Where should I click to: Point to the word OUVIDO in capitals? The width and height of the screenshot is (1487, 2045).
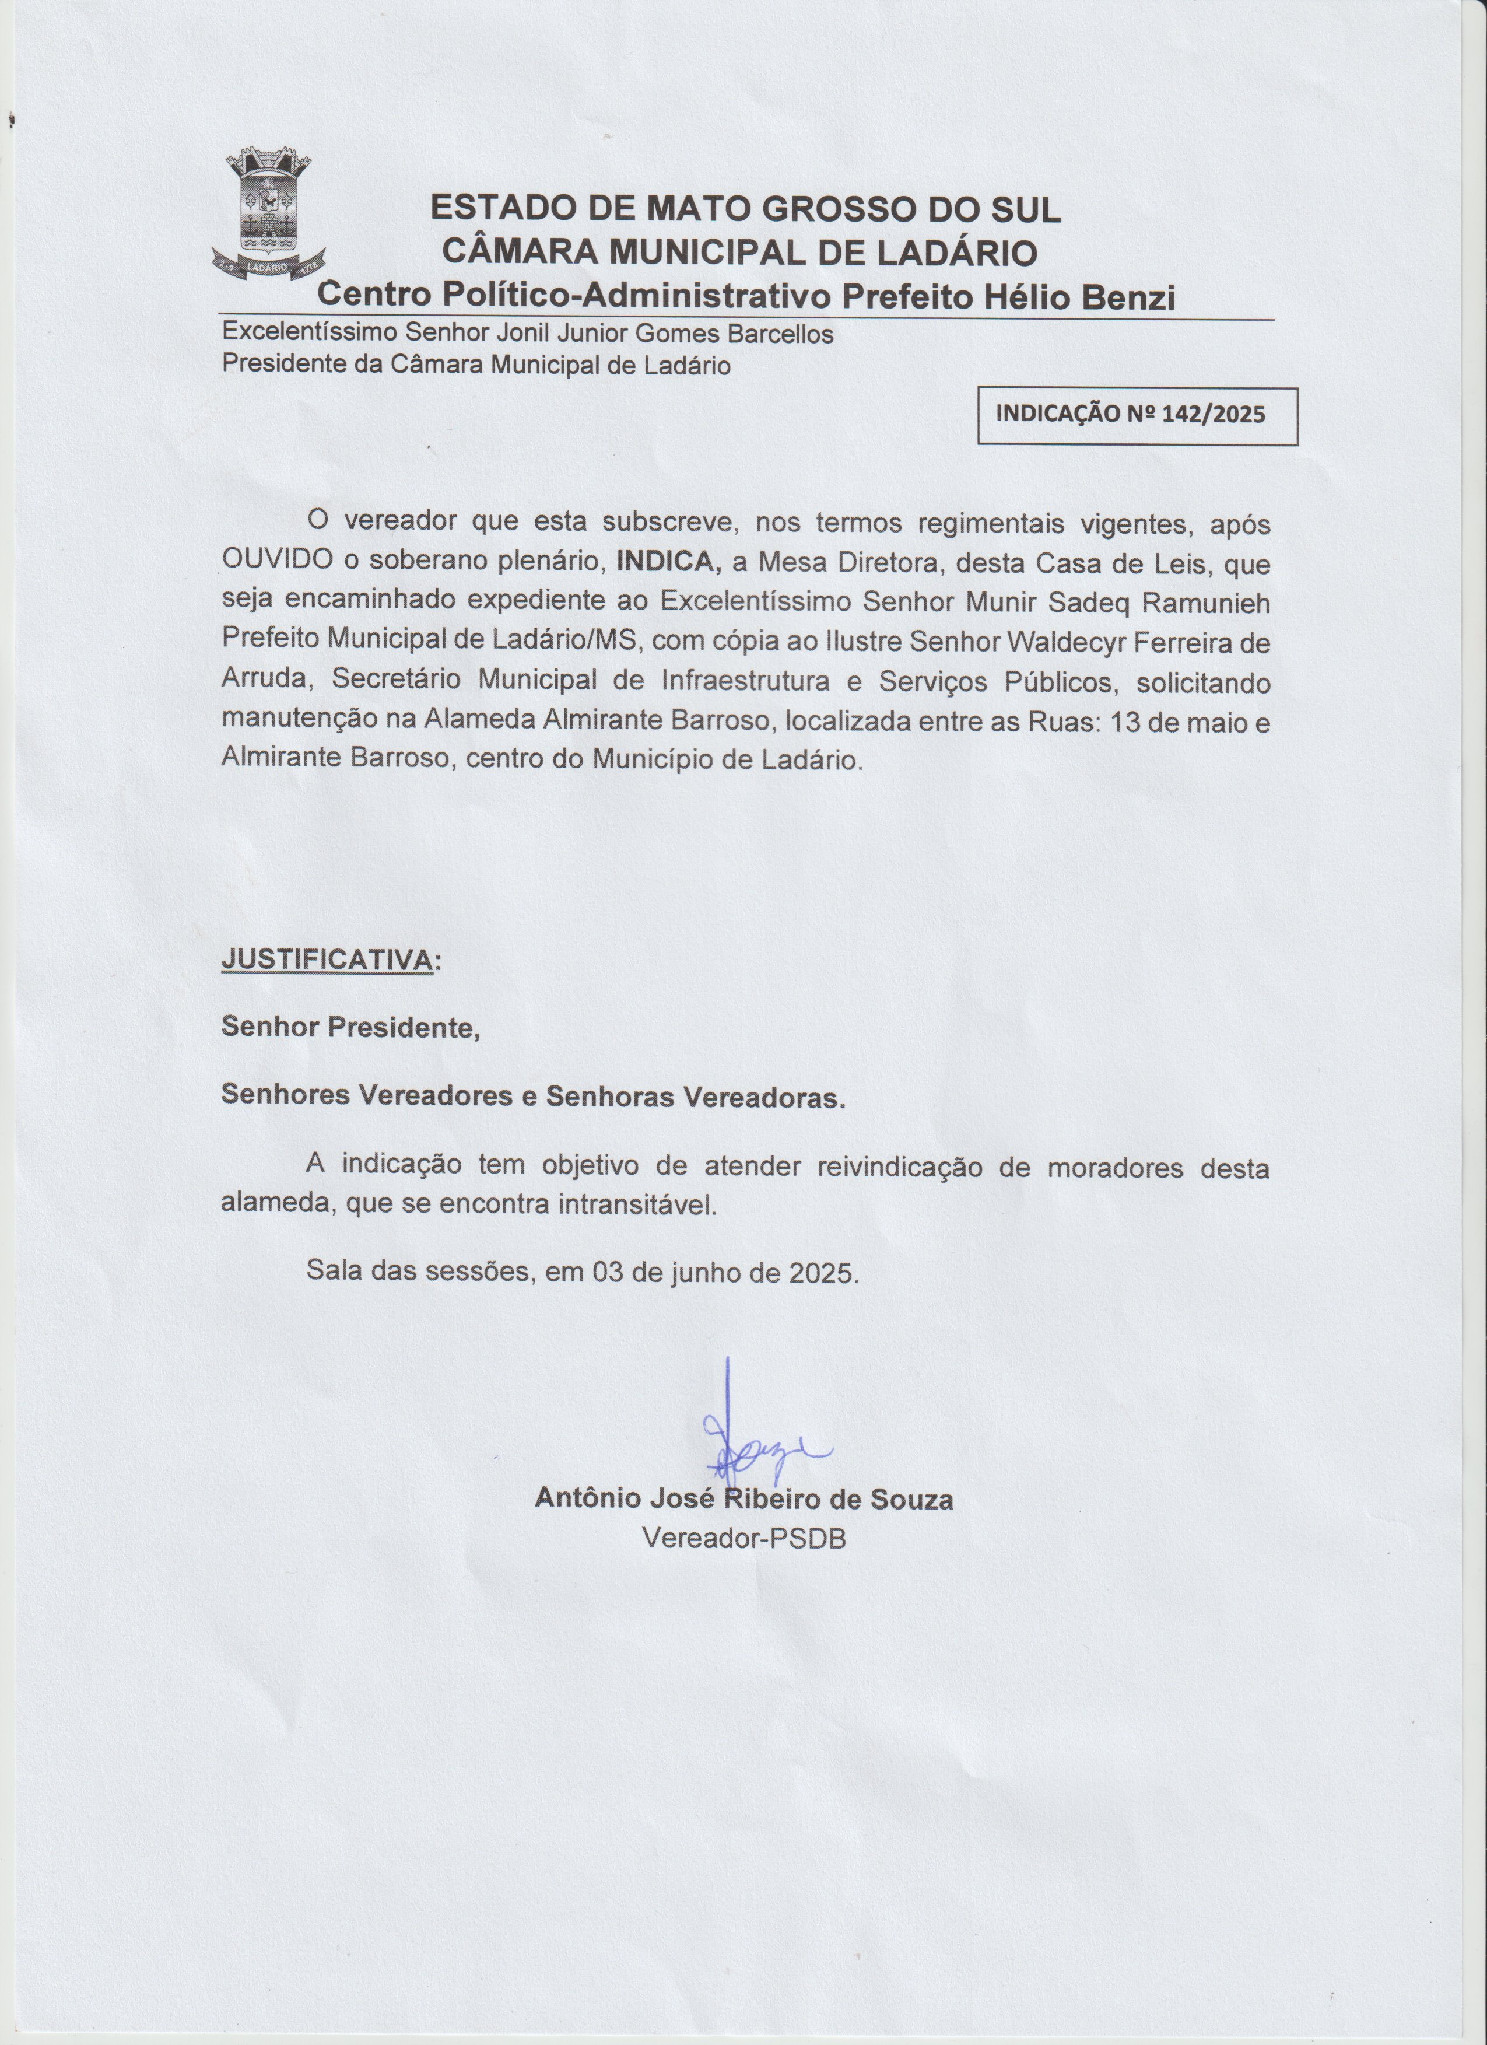point(276,563)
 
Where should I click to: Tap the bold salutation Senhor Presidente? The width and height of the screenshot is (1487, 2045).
point(350,1027)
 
